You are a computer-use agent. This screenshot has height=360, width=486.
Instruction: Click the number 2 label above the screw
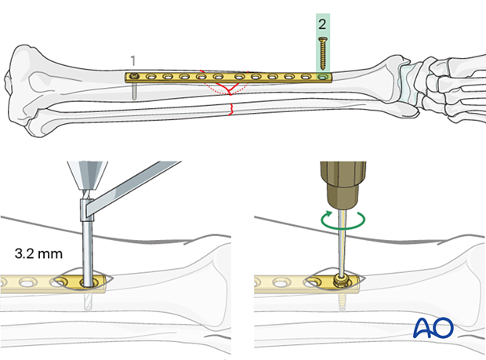coord(322,24)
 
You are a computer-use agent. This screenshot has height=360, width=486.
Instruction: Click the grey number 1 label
coord(133,60)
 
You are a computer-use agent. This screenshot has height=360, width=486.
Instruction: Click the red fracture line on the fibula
coord(230,110)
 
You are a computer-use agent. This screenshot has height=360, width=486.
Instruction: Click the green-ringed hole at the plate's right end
coord(323,78)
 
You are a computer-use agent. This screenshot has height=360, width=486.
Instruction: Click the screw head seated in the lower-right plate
coord(342,278)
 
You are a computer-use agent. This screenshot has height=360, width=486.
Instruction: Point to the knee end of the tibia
coord(31,78)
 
